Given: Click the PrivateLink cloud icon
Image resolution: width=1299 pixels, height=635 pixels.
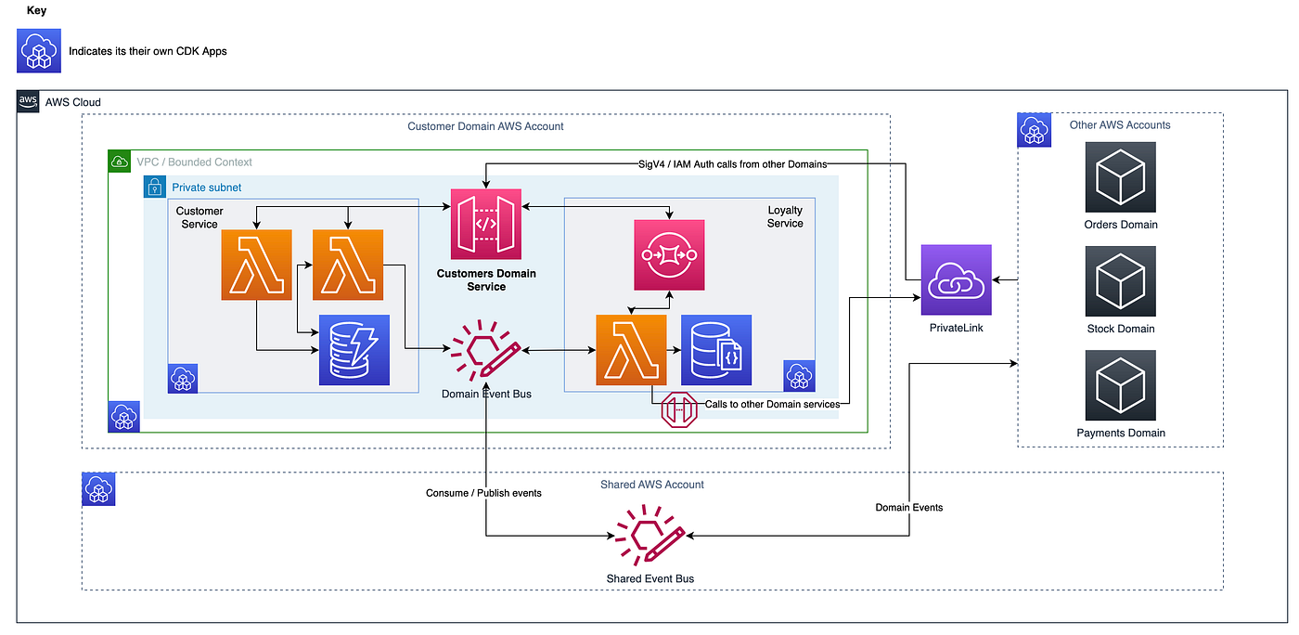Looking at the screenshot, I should [956, 279].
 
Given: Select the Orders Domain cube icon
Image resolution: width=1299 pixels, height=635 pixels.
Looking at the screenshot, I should [1120, 177].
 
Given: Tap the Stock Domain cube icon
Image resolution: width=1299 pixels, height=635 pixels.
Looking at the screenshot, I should [1120, 281].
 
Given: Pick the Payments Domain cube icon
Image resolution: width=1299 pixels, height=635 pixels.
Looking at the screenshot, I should [1120, 385].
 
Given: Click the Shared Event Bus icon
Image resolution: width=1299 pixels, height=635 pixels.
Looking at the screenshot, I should [649, 537].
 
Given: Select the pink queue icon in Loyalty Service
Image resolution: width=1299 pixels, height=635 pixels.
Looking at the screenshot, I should [669, 253].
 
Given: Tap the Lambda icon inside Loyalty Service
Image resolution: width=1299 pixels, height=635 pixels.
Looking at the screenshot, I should [631, 350].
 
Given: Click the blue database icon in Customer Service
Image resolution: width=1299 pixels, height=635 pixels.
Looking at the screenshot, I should [354, 350].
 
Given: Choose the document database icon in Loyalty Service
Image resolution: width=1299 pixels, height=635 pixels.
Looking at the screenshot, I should [716, 350].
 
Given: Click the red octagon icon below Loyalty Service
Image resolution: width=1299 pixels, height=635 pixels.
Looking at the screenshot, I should [678, 410].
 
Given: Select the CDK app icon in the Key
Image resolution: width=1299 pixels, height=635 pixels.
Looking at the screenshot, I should [39, 50].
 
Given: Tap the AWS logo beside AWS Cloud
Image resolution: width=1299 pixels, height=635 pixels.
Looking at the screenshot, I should [29, 102].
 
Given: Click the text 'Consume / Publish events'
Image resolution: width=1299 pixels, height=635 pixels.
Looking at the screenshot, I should [483, 493].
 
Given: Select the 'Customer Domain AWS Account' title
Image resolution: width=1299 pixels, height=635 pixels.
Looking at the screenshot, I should [485, 126].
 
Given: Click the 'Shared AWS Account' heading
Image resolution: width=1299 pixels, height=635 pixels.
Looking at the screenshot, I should [651, 485].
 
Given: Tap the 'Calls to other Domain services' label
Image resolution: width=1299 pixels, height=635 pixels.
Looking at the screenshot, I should [772, 404].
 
